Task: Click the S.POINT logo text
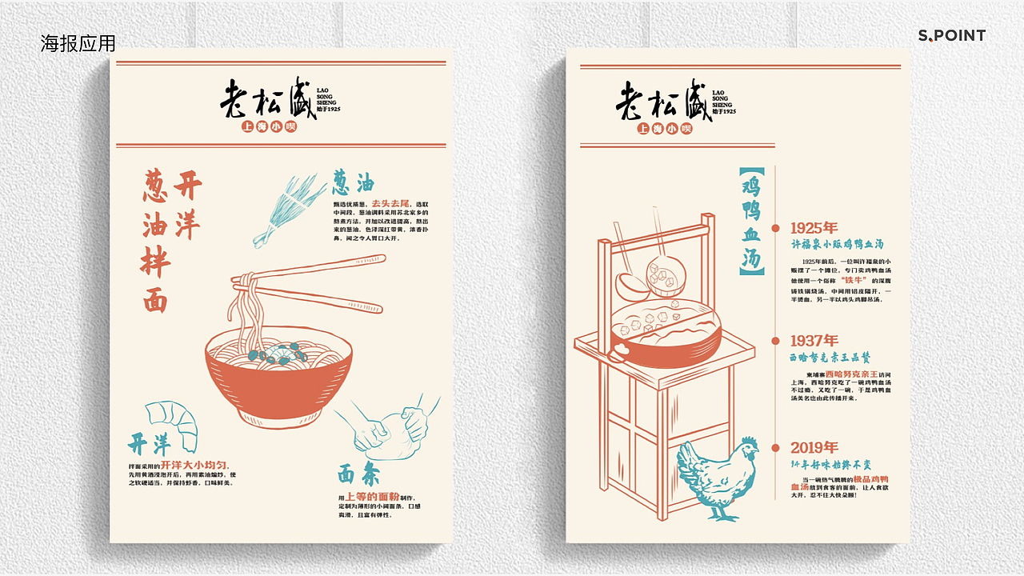[x=951, y=35]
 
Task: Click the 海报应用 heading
[x=78, y=43]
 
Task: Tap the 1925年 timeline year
[x=814, y=228]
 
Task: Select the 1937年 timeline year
[x=814, y=341]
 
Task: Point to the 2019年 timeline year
[x=814, y=447]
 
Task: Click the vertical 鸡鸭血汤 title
[x=751, y=221]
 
